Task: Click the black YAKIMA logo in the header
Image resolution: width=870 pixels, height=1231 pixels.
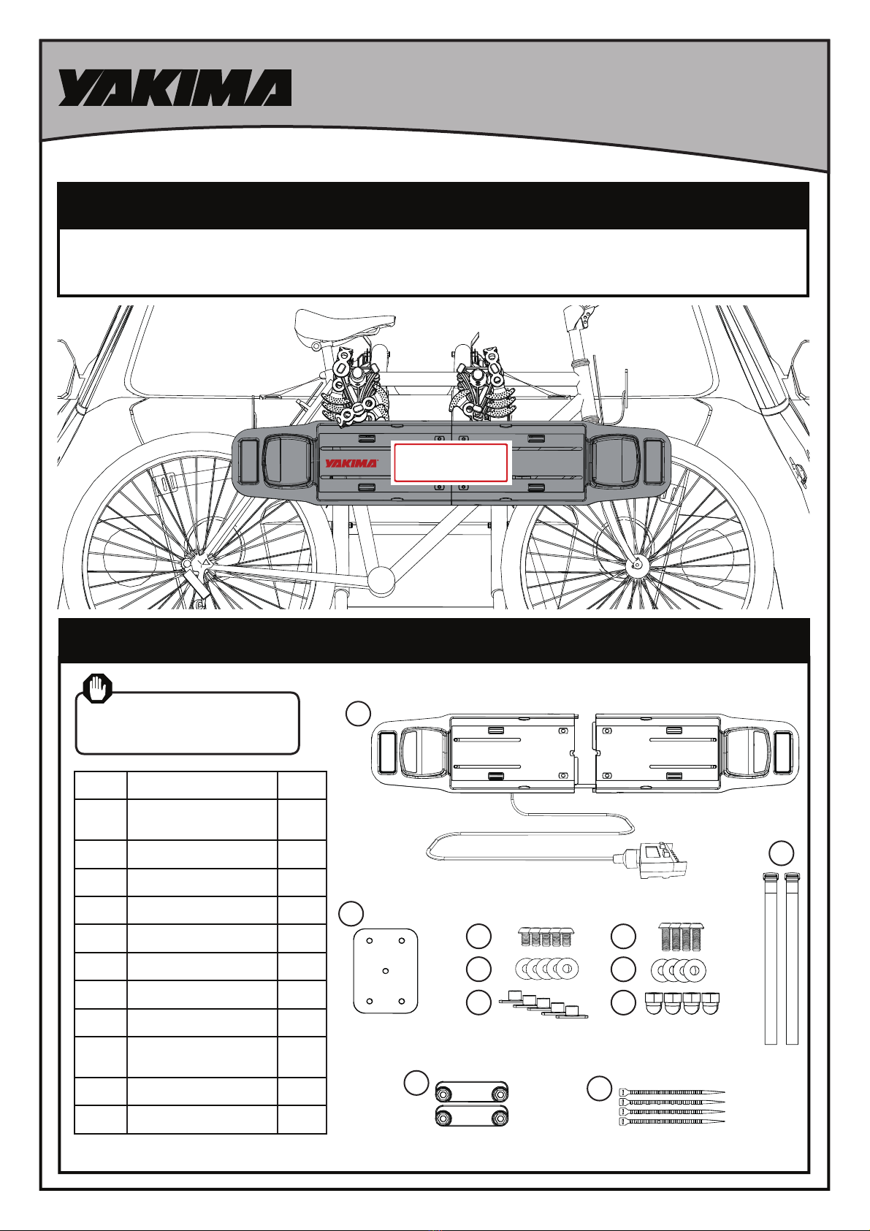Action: tap(175, 88)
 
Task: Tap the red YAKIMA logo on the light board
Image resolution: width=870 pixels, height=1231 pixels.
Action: tap(351, 462)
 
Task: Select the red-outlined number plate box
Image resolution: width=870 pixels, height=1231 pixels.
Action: tap(451, 462)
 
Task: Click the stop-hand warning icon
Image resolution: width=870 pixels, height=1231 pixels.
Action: tap(98, 689)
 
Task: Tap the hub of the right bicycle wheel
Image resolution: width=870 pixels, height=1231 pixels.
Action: tap(637, 564)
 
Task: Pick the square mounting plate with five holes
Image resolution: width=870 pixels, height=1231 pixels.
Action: tap(385, 971)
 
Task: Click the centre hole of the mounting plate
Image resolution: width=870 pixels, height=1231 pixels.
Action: tap(385, 971)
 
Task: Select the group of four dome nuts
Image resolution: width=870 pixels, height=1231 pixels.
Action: tap(682, 1003)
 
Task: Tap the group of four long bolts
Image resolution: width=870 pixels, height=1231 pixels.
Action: tap(682, 937)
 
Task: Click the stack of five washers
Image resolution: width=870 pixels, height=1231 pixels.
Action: tap(547, 969)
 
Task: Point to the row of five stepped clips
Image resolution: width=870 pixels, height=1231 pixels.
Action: tap(543, 1004)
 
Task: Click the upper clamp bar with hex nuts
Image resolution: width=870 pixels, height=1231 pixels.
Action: tap(472, 1090)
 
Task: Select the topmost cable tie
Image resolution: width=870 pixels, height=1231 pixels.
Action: tap(671, 1092)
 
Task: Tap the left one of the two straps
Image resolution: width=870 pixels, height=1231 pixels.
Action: tap(771, 958)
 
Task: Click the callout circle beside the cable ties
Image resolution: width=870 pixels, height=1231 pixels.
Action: tap(599, 1088)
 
